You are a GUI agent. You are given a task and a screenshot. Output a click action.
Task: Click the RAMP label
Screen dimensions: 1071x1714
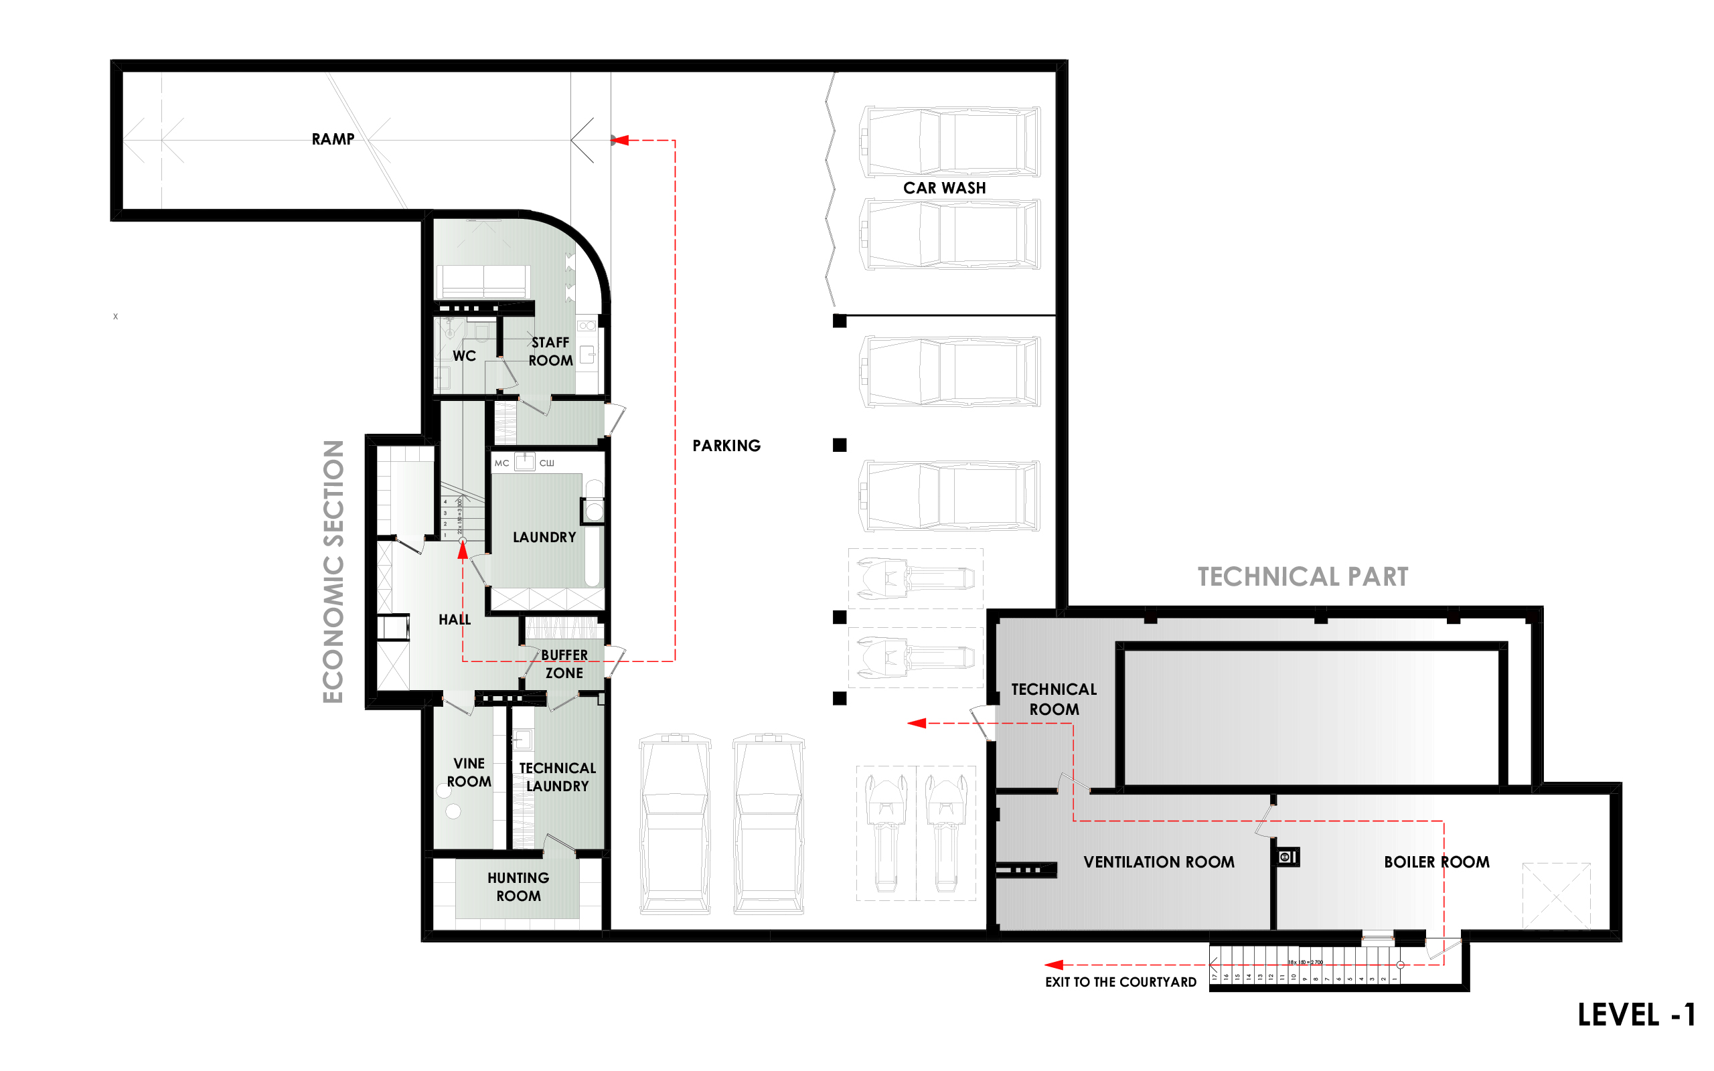[333, 139]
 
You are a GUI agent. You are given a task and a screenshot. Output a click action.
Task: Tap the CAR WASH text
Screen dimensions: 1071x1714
[944, 187]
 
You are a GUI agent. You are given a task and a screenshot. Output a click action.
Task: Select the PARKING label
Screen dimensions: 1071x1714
[726, 446]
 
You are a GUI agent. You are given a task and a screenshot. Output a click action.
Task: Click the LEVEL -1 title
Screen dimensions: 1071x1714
[1636, 1014]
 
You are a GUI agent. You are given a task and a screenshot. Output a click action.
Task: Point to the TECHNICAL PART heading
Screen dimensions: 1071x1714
[1302, 576]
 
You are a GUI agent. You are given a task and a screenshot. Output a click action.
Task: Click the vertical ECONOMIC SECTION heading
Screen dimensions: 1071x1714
[333, 571]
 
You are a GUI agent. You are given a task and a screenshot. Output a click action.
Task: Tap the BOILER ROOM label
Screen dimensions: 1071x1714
[1436, 862]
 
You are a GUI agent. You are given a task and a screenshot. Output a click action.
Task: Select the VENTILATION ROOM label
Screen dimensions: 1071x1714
[1159, 862]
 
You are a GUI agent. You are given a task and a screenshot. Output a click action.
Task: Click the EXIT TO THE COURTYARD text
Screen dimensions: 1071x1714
[1121, 982]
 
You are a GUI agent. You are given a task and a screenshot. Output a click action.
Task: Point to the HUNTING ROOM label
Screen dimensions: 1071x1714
[518, 887]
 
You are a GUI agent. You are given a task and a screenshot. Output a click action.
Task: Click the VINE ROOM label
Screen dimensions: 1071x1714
[469, 772]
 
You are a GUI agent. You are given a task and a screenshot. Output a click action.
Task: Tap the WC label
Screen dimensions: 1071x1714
[464, 355]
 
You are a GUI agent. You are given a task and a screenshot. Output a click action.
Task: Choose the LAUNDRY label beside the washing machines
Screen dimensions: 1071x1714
[544, 537]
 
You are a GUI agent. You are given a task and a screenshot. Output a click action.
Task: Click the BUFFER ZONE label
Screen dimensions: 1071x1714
[564, 664]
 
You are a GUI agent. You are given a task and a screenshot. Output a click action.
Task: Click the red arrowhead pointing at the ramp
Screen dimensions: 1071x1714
[621, 141]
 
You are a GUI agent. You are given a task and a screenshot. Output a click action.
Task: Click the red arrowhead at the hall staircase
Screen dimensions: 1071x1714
[463, 551]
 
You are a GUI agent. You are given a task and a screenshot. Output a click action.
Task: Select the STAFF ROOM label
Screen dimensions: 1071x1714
[550, 351]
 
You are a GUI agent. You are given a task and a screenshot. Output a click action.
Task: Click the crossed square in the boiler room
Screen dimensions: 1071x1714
[1556, 896]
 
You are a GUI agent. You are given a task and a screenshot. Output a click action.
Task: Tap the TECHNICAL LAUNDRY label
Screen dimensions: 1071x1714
[558, 777]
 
